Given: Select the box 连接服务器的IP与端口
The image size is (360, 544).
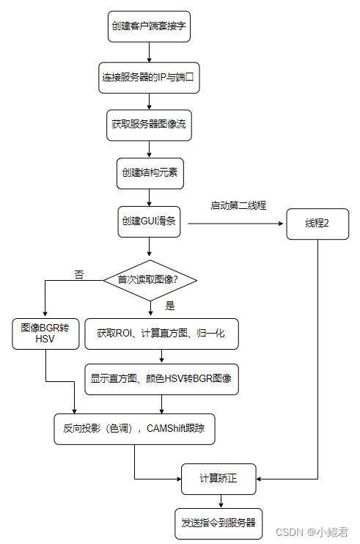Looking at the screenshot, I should (x=149, y=76).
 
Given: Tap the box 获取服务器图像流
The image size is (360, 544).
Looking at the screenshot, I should (x=149, y=124).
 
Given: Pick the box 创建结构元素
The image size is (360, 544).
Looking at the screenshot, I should (x=149, y=173).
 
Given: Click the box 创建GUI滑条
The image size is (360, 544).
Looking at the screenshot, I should (x=149, y=221).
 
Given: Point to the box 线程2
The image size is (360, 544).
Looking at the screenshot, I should (x=317, y=223).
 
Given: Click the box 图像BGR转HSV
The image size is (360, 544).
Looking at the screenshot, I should (x=45, y=334).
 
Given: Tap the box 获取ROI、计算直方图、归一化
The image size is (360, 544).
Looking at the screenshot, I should (x=161, y=333).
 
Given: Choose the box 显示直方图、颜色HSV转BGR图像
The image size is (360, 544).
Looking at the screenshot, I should (x=161, y=379).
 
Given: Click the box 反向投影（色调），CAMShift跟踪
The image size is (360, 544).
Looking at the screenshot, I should (x=134, y=428).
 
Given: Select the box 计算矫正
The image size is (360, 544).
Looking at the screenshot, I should (x=218, y=479).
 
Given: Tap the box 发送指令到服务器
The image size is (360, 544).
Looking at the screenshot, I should (x=218, y=523).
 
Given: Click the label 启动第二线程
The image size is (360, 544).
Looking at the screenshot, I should (x=238, y=206).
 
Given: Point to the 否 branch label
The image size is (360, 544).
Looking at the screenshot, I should (x=79, y=274).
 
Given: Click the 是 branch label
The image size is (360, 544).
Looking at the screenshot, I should (x=170, y=305).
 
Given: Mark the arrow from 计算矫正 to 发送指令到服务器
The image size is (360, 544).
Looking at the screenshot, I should (x=218, y=501).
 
